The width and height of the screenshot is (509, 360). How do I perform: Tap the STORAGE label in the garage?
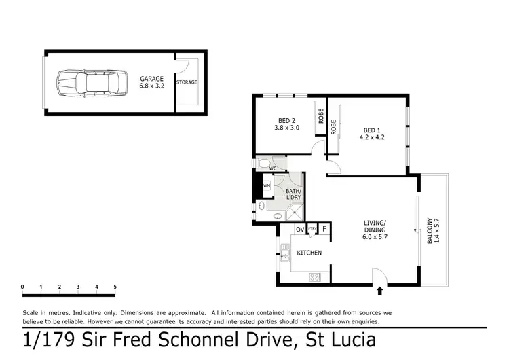187,82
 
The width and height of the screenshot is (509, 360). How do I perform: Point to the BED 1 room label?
371,133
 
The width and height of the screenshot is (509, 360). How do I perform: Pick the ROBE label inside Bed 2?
320,117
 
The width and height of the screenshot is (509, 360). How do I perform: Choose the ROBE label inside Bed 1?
334,126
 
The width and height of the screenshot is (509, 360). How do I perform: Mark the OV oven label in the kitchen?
299,229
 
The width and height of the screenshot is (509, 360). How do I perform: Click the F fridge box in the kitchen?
324,230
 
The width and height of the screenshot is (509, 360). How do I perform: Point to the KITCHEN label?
309,253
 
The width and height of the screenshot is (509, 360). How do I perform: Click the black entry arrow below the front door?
379,291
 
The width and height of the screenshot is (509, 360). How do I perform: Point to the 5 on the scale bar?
115,287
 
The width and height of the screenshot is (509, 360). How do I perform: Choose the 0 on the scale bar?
23,287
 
